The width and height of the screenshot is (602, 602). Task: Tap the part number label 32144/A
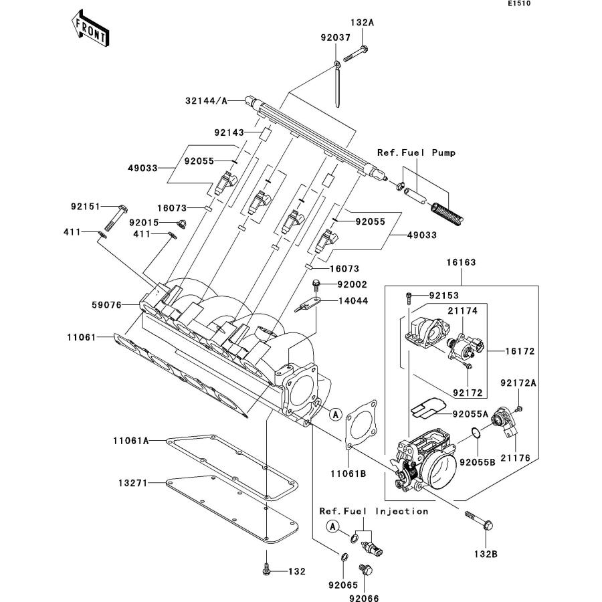(206, 101)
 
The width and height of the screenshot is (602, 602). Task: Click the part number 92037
(336, 37)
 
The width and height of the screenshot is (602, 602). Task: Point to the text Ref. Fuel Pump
(416, 153)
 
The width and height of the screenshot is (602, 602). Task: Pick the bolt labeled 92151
(116, 217)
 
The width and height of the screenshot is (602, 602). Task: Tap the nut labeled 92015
(181, 223)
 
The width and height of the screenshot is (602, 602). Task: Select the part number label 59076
(106, 305)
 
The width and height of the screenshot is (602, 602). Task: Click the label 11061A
(131, 441)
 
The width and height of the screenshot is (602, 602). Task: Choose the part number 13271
(133, 483)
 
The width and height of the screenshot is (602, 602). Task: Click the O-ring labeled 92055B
(476, 433)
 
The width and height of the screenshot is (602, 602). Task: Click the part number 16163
(461, 262)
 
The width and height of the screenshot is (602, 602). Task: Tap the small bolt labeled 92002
(316, 285)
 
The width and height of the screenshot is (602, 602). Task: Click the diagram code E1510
(519, 3)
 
